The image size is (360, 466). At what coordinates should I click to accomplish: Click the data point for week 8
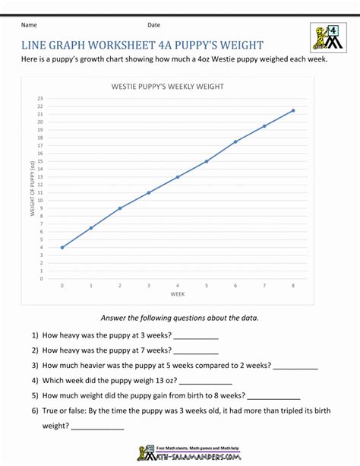click(x=293, y=110)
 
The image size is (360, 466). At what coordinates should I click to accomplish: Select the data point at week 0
click(x=62, y=247)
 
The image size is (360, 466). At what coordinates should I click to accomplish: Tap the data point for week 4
click(x=178, y=177)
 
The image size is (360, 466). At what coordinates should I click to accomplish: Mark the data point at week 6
click(x=235, y=141)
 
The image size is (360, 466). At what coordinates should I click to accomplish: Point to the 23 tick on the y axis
click(x=40, y=99)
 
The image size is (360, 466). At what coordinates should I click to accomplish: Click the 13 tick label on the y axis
click(x=40, y=177)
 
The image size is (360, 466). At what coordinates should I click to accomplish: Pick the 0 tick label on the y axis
click(x=41, y=278)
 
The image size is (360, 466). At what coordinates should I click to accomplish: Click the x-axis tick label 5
click(x=207, y=286)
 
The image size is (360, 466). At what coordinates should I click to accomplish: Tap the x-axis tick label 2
click(x=120, y=286)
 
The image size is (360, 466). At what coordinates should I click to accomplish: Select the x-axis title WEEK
click(x=178, y=293)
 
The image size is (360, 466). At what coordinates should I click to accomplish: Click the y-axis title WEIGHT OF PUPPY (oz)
click(x=33, y=189)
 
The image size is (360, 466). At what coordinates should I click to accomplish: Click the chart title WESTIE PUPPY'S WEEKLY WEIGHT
click(x=168, y=87)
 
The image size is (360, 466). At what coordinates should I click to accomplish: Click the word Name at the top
click(x=30, y=25)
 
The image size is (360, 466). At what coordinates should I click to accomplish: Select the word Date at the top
click(x=154, y=25)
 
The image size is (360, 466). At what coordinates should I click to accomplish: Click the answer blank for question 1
click(x=196, y=336)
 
